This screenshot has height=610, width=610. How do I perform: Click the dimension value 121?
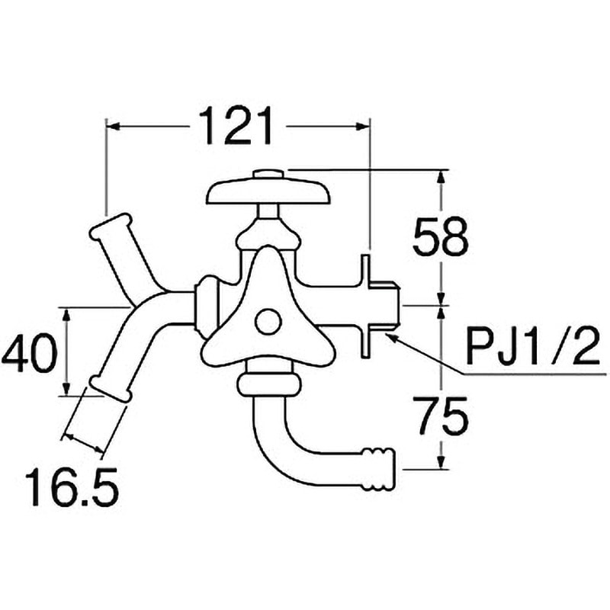(236, 127)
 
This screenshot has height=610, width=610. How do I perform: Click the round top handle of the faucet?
(268, 192)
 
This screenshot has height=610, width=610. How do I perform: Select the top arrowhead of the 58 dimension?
(441, 177)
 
